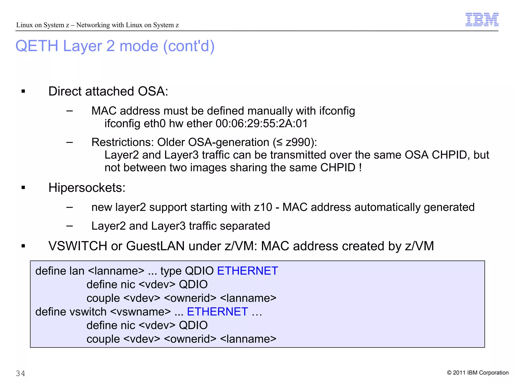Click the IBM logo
[x=482, y=20]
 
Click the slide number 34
[x=20, y=373]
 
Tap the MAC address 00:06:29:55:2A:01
[x=262, y=124]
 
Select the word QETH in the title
[x=37, y=46]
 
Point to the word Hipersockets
[x=87, y=188]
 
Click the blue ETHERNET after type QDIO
[x=247, y=271]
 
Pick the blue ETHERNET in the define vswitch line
[x=217, y=312]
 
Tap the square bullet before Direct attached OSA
[x=23, y=91]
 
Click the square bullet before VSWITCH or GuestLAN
[x=23, y=246]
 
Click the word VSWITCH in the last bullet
[x=78, y=246]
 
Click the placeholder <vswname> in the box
[x=141, y=312]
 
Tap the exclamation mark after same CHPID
[x=360, y=168]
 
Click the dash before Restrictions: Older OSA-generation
[x=70, y=142]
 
